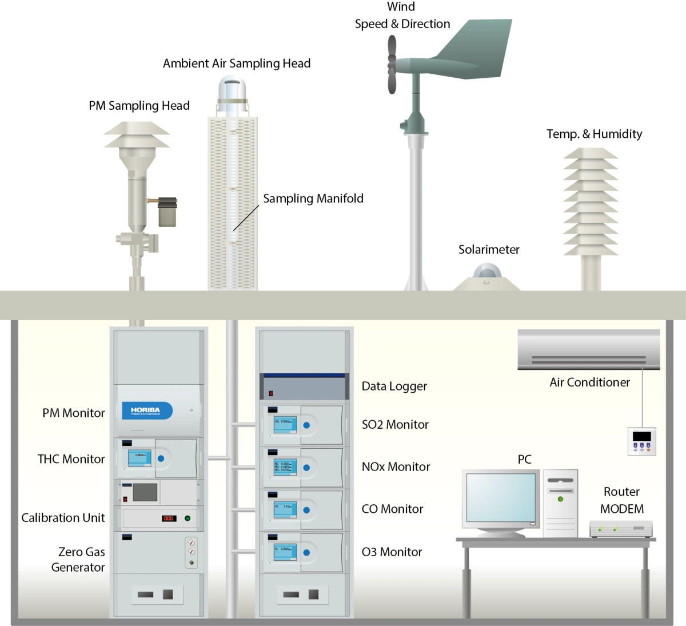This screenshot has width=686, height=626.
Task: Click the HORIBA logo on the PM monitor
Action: click(x=146, y=410)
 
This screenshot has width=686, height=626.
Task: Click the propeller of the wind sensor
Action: click(x=392, y=64)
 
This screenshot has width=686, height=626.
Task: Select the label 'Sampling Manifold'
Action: click(x=313, y=198)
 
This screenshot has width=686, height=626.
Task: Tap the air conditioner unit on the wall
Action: click(x=589, y=349)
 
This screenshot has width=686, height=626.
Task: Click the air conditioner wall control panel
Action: click(x=641, y=441)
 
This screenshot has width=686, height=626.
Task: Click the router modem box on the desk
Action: click(x=621, y=529)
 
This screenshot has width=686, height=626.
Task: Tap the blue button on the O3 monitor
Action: click(x=307, y=553)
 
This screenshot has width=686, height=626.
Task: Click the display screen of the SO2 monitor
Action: click(x=285, y=425)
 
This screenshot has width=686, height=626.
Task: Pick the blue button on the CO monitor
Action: click(x=307, y=510)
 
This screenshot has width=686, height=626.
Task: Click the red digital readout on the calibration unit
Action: click(x=169, y=519)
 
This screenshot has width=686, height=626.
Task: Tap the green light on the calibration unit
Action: click(x=187, y=519)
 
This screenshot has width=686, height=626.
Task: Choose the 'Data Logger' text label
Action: click(x=394, y=386)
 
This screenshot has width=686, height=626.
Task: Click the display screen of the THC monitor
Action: click(x=139, y=458)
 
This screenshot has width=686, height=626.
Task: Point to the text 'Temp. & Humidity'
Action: click(x=594, y=134)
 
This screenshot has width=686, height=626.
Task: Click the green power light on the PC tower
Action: click(x=560, y=499)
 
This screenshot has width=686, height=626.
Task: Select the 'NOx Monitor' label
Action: click(x=396, y=467)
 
